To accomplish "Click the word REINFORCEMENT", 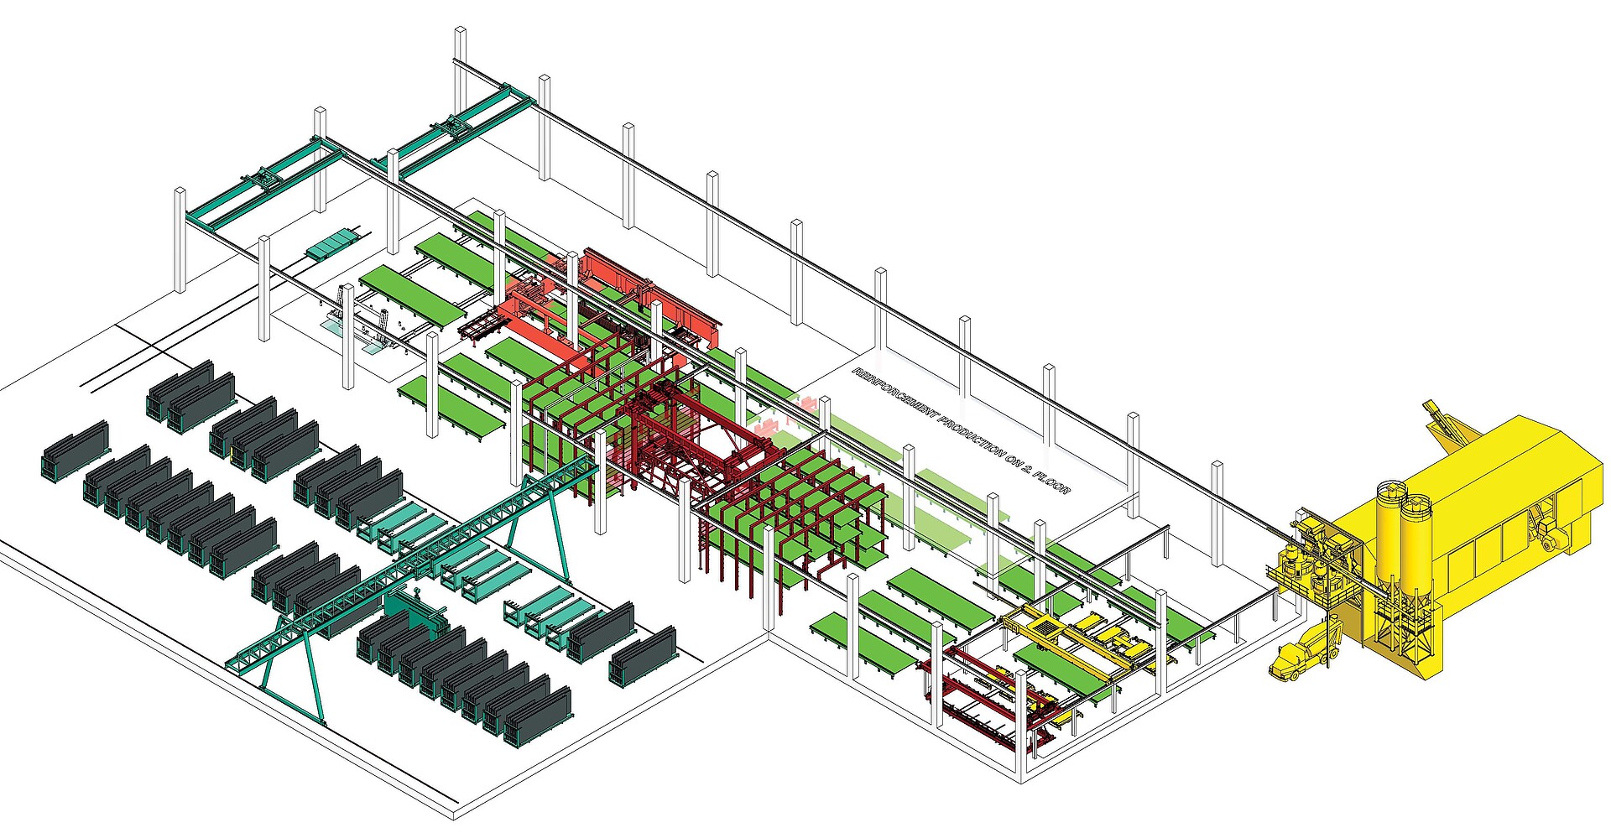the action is click(895, 395).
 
